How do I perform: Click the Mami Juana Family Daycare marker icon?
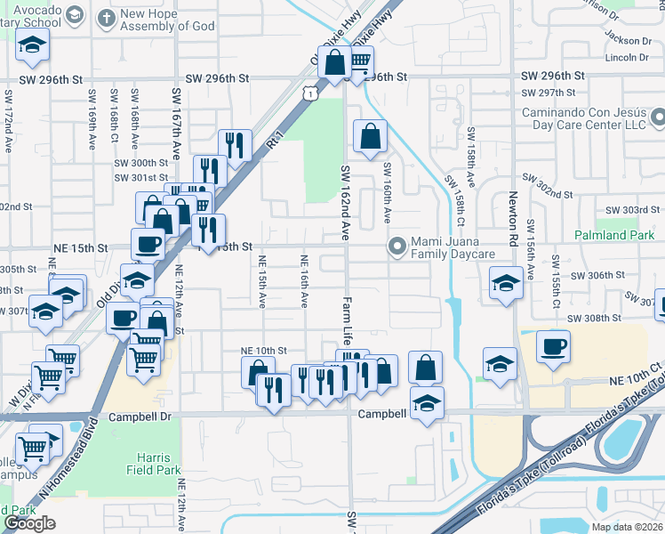pos(397,246)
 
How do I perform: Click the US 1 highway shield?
pos(308,92)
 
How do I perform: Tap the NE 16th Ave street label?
pos(304,281)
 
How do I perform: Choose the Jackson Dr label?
pos(628,40)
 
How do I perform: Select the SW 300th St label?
pos(140,163)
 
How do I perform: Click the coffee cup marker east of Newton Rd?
pos(554,345)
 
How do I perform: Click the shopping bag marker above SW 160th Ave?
pos(370,137)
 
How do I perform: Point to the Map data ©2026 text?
pos(628,527)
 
